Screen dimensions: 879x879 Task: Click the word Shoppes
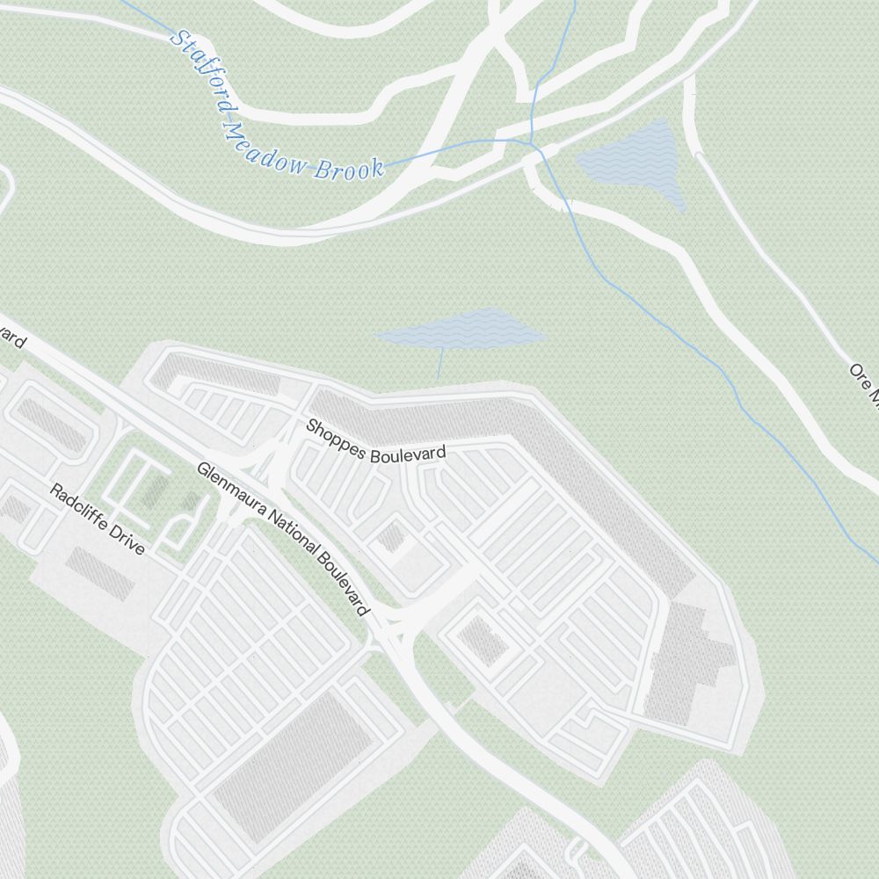(337, 440)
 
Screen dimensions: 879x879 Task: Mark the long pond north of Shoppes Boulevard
(461, 329)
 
